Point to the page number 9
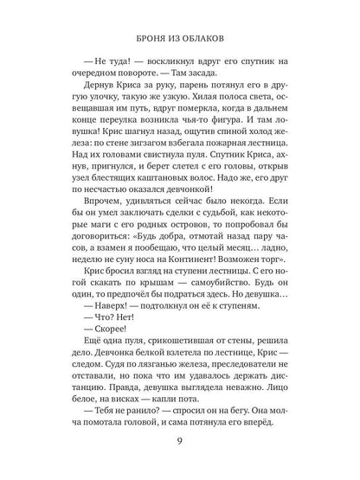pos(181,450)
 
